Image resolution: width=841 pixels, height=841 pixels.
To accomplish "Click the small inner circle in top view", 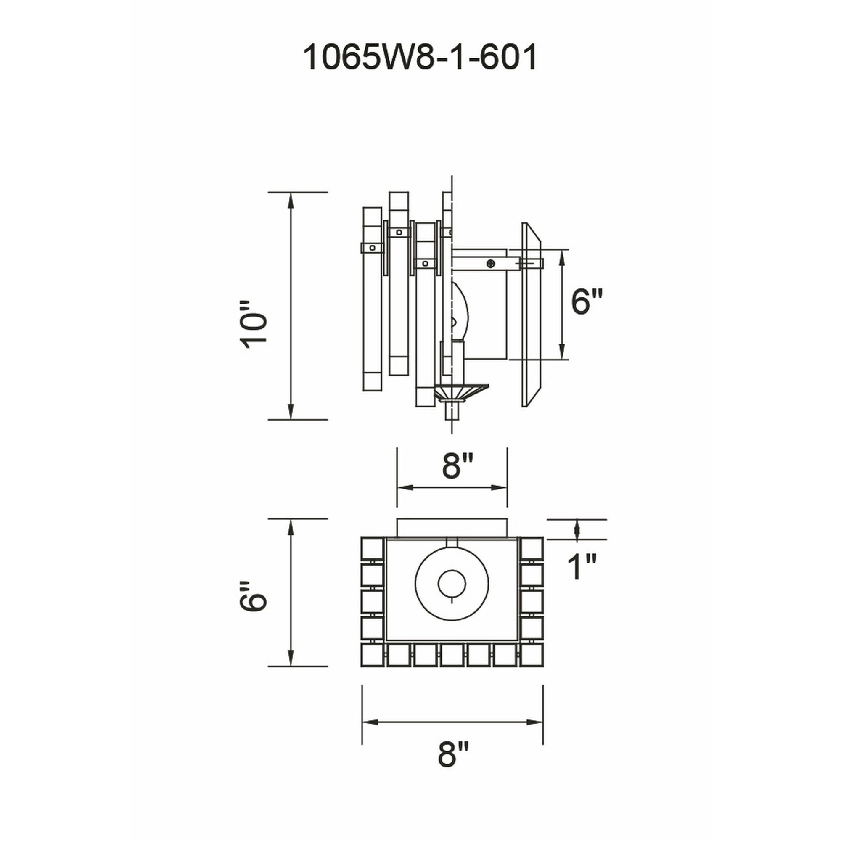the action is tap(452, 583).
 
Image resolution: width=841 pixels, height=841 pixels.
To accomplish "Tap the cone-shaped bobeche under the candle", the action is tap(461, 392).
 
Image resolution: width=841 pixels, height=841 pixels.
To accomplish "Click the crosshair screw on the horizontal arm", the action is tap(492, 263).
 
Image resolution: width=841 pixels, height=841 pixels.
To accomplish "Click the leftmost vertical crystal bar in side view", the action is tap(372, 299).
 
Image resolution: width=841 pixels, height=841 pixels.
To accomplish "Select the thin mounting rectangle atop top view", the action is tap(452, 528).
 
